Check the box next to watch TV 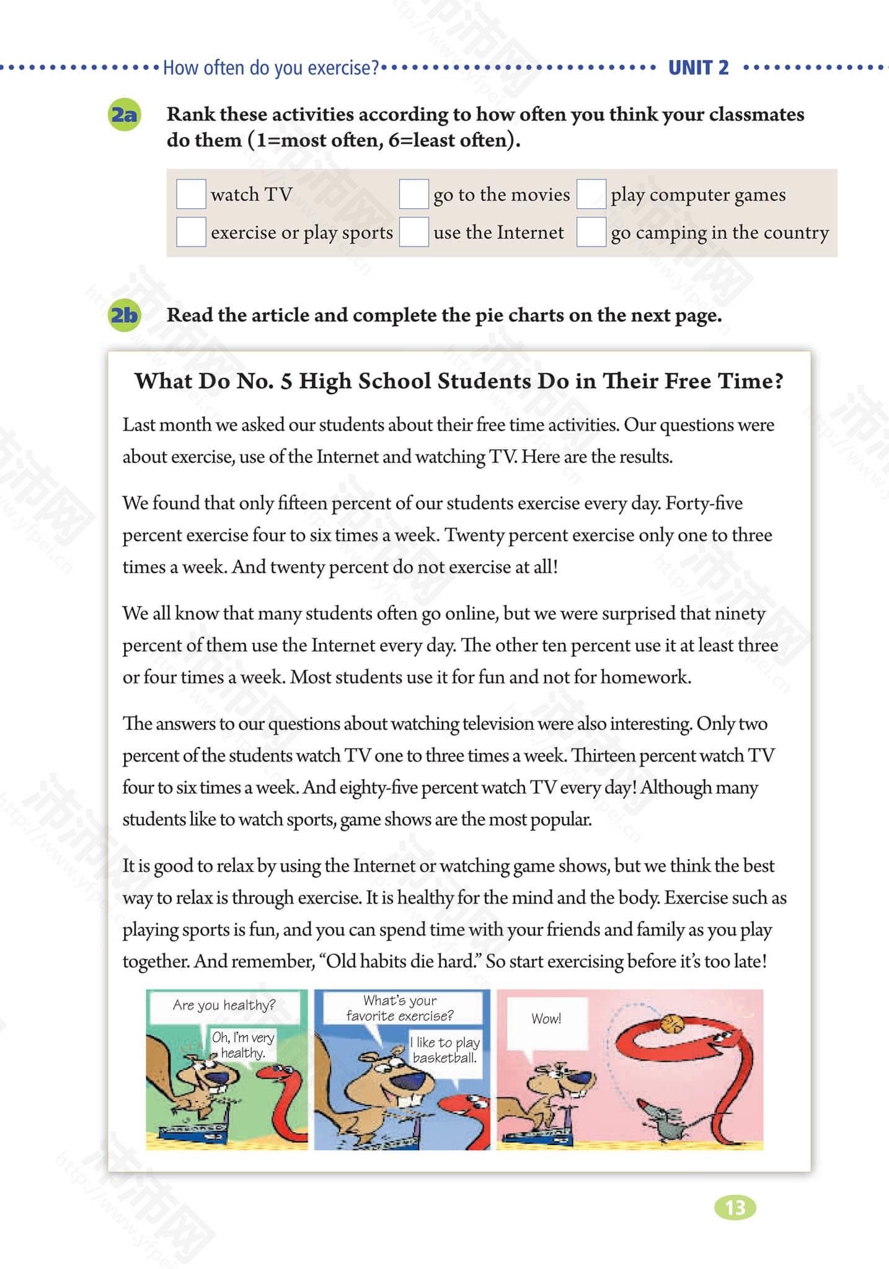coord(191,194)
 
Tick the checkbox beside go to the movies coord(414,194)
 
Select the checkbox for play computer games coord(591,194)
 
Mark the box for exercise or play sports coord(191,232)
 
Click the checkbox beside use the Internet coord(414,232)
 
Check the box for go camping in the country coord(591,232)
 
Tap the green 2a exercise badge coord(124,115)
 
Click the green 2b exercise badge coord(124,315)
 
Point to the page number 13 coord(735,1208)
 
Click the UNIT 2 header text coord(698,68)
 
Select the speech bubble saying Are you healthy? coord(224,1005)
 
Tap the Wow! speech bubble coord(546,1019)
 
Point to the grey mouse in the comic coord(666,1121)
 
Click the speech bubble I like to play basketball coord(445,1050)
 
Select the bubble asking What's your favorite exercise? coord(400,1008)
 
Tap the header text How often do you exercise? coord(270,68)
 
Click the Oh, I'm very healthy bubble coord(243,1045)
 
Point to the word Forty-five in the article coord(704,503)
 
